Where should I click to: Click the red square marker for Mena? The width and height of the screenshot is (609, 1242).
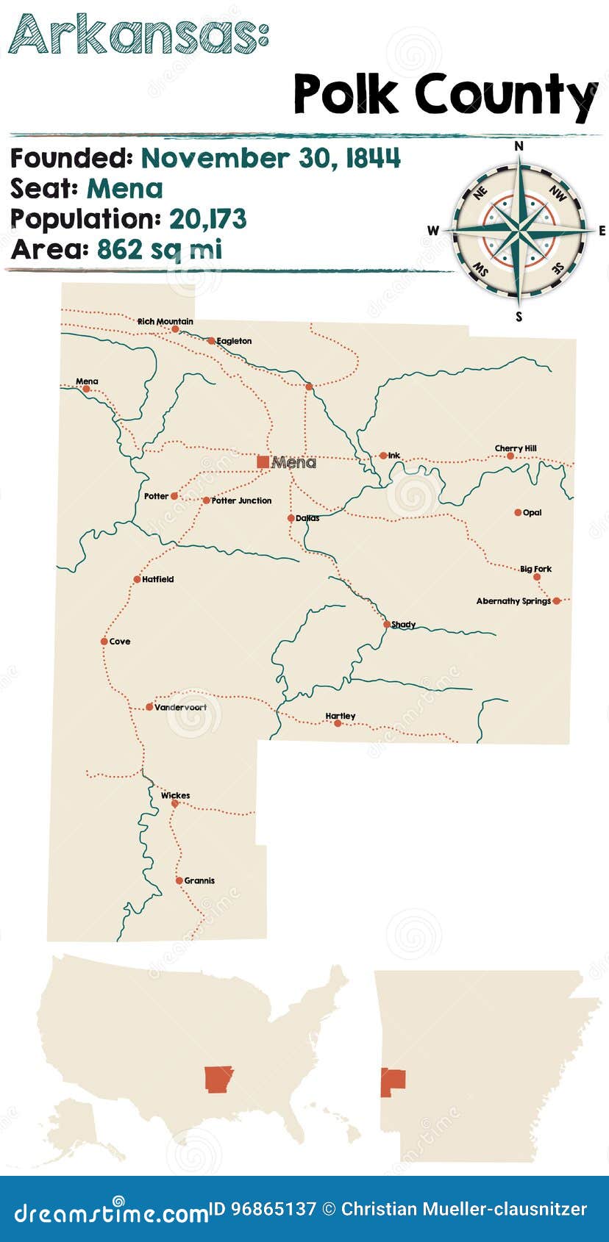tap(263, 462)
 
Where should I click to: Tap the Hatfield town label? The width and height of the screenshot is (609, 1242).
tap(158, 579)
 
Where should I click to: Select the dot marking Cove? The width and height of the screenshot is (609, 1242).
tap(104, 642)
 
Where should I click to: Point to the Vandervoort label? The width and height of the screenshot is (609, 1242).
tap(180, 707)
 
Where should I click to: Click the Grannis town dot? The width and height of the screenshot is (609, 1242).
tap(179, 880)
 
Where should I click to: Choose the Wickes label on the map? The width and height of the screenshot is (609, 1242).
tap(175, 795)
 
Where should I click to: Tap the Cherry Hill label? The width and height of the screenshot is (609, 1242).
tap(516, 448)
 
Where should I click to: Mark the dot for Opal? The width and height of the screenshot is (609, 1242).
tap(518, 512)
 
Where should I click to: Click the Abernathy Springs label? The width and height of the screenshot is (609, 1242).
tap(513, 601)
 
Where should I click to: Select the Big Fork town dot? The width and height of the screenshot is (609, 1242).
tap(537, 577)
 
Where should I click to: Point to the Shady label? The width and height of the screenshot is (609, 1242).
tap(403, 625)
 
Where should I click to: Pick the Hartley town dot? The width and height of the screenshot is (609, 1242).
tap(338, 723)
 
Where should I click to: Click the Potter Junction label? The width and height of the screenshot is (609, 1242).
tap(241, 500)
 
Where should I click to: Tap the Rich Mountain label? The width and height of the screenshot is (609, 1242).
tap(165, 321)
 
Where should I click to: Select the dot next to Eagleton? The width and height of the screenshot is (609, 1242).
tap(211, 341)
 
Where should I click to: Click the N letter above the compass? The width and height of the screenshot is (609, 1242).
tap(519, 146)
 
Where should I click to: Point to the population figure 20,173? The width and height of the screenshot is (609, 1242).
tap(208, 219)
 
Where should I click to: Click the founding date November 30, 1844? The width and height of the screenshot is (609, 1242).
tap(271, 158)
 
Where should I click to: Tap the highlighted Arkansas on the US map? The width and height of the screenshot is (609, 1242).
tap(218, 1079)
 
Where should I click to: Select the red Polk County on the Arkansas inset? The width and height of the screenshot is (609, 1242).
tap(393, 1082)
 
